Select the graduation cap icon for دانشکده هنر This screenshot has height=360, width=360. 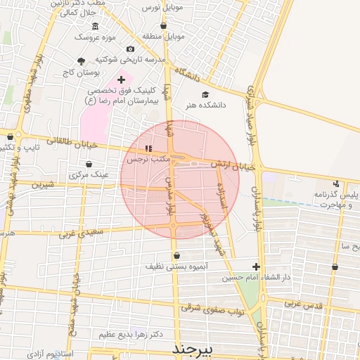[205, 94]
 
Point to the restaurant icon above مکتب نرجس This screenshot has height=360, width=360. [148, 149]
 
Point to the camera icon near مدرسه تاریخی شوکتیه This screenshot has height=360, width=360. [130, 49]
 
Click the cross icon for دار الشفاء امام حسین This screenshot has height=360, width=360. [256, 266]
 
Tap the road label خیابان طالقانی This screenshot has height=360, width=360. [67, 142]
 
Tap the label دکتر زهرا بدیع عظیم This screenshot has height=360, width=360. [136, 335]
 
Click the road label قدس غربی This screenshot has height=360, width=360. [303, 304]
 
